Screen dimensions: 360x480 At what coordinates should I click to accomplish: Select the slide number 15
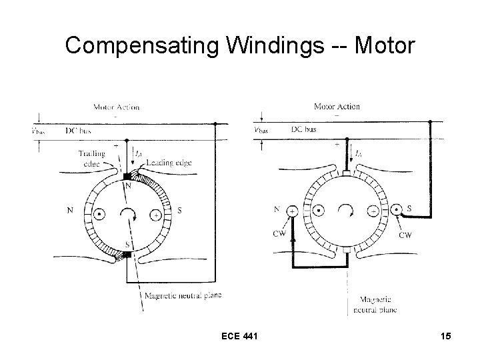(x=445, y=337)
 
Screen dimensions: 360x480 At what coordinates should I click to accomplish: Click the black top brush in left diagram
(x=126, y=177)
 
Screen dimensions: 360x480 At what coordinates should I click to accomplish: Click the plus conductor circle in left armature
(x=155, y=215)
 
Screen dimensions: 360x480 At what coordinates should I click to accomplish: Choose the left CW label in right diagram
(x=279, y=233)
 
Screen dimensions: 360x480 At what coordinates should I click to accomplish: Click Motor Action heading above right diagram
(x=337, y=106)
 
